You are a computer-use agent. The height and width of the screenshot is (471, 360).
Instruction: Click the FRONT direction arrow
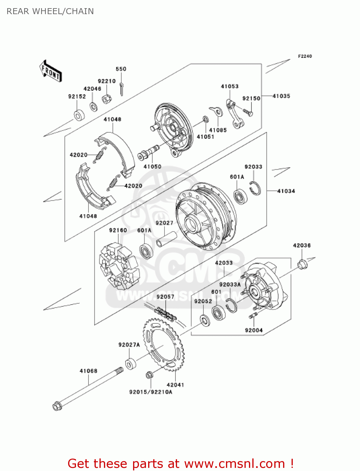click(x=50, y=71)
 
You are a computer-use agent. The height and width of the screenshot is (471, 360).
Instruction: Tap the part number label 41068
click(x=89, y=371)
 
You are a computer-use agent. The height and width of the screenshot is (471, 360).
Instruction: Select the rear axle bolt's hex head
click(x=57, y=406)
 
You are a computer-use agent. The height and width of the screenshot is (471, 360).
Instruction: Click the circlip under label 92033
click(x=255, y=188)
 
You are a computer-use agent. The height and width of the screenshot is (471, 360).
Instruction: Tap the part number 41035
click(x=281, y=96)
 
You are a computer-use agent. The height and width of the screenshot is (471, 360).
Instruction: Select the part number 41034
click(x=286, y=191)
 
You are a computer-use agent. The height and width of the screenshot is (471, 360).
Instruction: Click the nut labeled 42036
click(x=302, y=264)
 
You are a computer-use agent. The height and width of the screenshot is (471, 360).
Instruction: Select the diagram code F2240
click(x=305, y=56)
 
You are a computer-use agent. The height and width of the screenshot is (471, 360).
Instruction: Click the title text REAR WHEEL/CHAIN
click(x=50, y=11)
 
